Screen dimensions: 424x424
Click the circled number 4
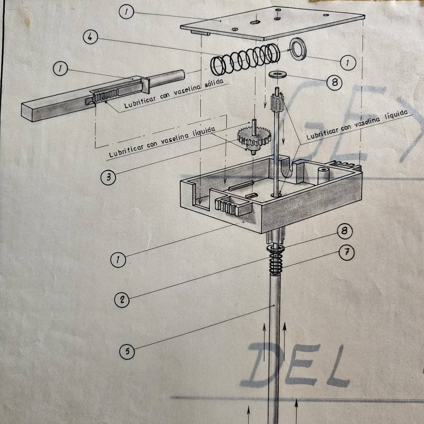pos(91,38)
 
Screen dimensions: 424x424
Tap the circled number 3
pos(108,177)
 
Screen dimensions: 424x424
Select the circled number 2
pos(122,299)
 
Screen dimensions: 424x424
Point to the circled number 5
pos(127,351)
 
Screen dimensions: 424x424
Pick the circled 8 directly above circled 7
pos(344,231)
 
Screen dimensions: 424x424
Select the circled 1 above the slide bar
pos(61,68)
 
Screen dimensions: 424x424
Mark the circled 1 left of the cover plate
pos(126,12)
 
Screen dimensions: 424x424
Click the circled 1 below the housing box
pos(118,260)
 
